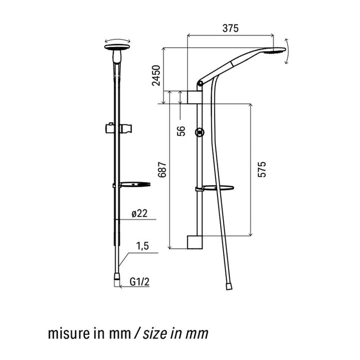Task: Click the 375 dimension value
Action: [230, 28]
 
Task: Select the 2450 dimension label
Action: [156, 76]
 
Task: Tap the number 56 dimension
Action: [181, 131]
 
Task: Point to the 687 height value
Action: [162, 169]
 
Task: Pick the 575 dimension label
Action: [262, 169]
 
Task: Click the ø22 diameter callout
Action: [139, 213]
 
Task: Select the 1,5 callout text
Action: [142, 246]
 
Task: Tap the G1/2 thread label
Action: [139, 282]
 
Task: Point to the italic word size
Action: [155, 334]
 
